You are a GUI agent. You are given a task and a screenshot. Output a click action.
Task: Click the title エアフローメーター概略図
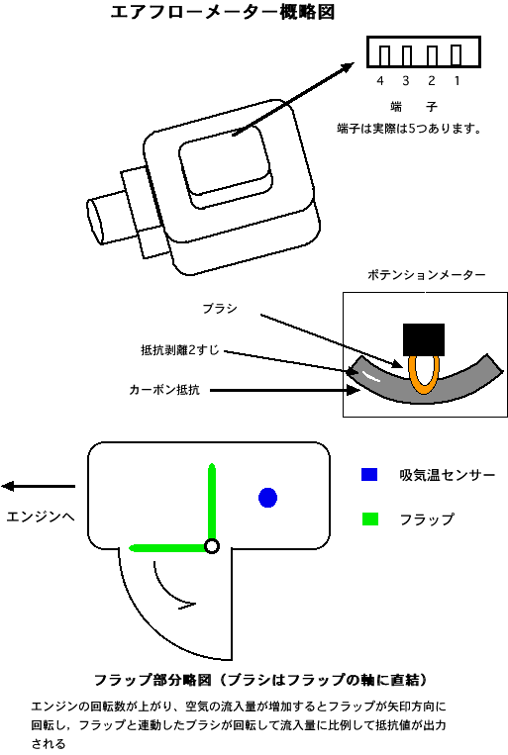tap(223, 12)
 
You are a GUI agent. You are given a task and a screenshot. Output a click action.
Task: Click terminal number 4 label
tap(380, 81)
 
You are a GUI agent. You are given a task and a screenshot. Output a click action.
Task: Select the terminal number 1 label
tap(457, 81)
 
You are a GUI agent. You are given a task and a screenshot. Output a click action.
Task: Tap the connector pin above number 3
tap(406, 55)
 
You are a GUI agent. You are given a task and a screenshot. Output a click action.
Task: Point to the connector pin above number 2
tap(432, 55)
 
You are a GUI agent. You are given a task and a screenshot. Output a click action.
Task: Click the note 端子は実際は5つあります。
tap(409, 129)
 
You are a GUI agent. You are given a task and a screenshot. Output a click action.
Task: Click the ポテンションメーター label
tap(427, 275)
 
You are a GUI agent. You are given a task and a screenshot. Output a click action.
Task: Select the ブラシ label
tap(220, 308)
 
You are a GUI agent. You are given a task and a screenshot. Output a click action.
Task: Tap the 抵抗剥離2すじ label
tap(180, 350)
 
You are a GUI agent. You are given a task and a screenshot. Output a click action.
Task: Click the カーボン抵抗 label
tap(164, 390)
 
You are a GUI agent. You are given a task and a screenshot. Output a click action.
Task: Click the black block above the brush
tap(424, 339)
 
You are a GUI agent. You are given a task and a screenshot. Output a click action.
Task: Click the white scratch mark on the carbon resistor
tap(371, 376)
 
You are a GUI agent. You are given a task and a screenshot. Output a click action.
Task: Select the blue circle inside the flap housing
tap(268, 498)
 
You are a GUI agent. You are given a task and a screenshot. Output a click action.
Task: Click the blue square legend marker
tap(369, 474)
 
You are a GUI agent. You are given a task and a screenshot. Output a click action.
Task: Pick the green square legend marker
tap(370, 519)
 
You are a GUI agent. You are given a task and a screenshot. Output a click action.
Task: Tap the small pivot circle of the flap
tap(212, 546)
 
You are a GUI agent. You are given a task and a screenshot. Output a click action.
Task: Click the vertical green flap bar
tap(212, 502)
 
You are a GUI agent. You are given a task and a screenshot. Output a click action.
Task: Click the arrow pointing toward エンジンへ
tap(38, 486)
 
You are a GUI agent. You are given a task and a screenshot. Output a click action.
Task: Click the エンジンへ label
tap(41, 517)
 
